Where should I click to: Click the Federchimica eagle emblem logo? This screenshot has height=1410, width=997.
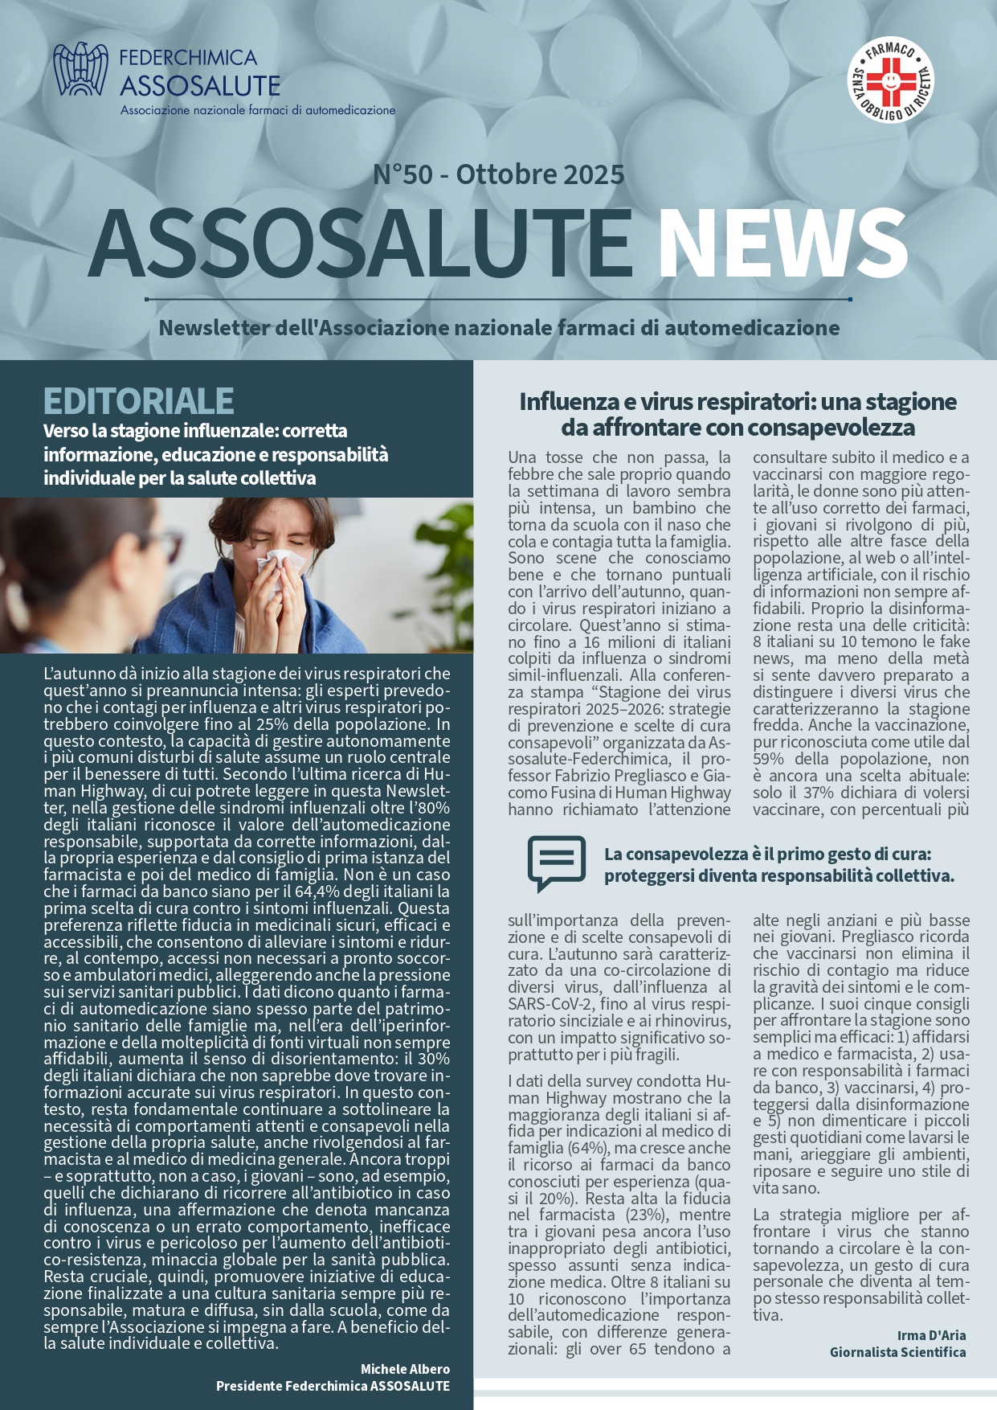[80, 70]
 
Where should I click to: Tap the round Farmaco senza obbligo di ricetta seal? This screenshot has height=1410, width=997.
[891, 80]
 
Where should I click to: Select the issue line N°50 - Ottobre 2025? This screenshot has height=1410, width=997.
[498, 174]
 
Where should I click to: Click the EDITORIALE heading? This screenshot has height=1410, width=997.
[139, 400]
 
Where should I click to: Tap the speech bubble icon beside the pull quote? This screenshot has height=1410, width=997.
[557, 863]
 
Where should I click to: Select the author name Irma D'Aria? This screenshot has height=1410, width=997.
[931, 1335]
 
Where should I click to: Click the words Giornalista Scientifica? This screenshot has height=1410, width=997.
[897, 1352]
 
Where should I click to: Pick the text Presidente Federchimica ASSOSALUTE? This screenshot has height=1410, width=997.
[333, 1386]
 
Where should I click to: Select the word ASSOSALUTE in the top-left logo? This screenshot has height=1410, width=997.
[200, 85]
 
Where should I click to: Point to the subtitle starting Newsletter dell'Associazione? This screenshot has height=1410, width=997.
[499, 328]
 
